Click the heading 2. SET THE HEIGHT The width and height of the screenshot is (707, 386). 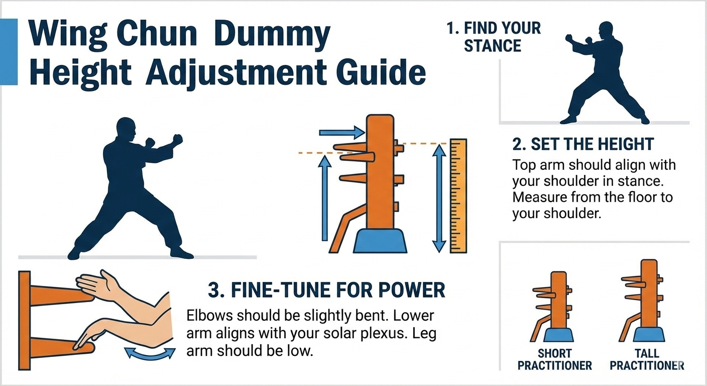[x=583, y=144]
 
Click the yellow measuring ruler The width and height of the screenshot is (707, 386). [x=458, y=196]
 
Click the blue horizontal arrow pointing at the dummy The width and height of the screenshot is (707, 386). [x=342, y=132]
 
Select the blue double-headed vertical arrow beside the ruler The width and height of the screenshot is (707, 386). [x=439, y=198]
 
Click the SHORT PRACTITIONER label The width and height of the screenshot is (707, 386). [x=554, y=359]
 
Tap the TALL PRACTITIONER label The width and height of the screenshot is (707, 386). [x=647, y=359]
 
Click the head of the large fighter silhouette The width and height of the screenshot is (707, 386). [x=126, y=129]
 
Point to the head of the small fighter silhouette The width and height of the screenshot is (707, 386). [x=606, y=31]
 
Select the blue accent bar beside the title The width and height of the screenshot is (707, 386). [x=9, y=52]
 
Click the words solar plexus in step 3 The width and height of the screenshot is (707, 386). [x=346, y=334]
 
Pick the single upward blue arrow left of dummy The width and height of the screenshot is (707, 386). [x=325, y=198]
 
